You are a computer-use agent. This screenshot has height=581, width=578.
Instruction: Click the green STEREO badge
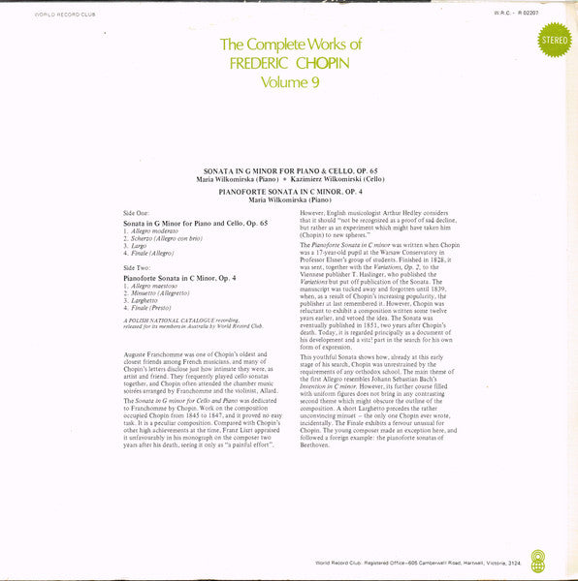tap(554, 40)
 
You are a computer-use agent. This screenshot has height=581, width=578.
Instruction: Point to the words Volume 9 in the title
tap(290, 82)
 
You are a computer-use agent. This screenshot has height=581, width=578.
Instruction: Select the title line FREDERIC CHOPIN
tap(290, 64)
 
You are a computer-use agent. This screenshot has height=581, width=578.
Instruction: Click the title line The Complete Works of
tap(290, 45)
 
